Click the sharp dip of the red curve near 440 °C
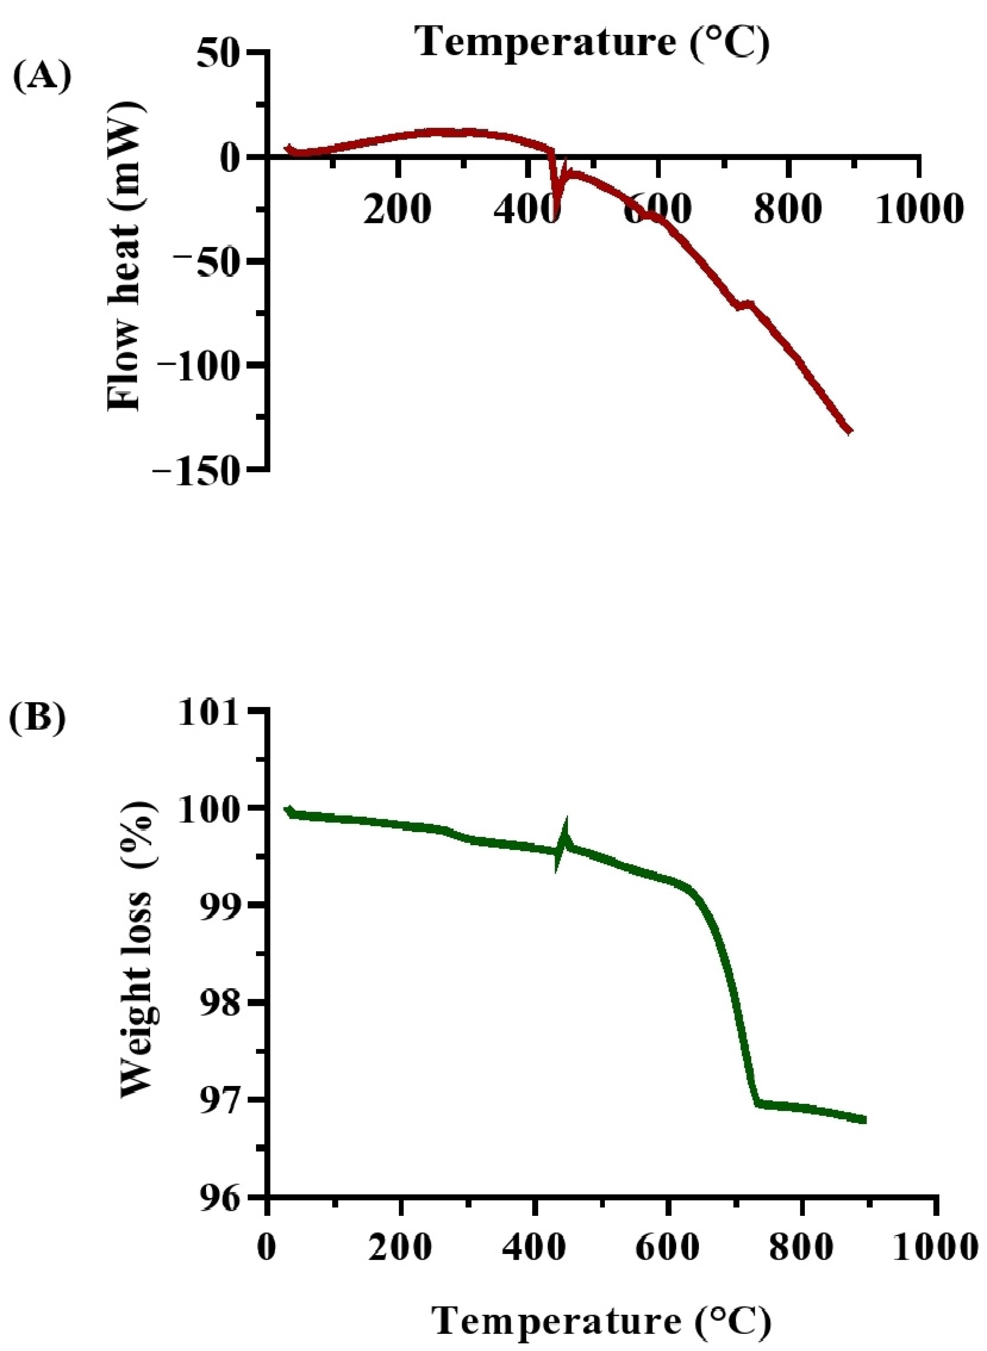point(555,209)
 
